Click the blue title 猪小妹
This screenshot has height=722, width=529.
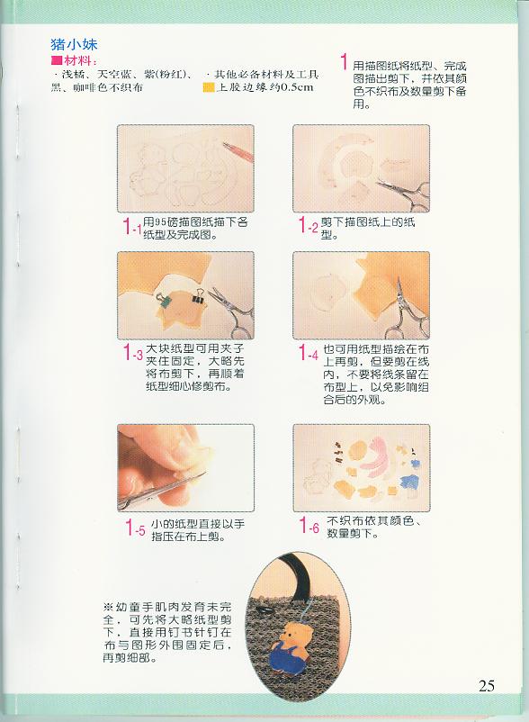[x=74, y=45]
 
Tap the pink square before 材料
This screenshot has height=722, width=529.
[x=57, y=61]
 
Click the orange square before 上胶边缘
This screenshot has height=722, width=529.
[x=209, y=87]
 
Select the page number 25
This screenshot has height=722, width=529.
[x=487, y=686]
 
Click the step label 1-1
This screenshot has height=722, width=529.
[x=132, y=227]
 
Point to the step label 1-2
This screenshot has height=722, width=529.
[x=308, y=226]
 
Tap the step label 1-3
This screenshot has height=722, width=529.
[x=133, y=354]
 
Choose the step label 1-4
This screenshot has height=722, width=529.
[x=309, y=354]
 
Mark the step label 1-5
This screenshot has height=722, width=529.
[x=136, y=528]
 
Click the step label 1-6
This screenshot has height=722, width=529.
[x=309, y=526]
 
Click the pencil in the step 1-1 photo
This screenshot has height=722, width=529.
[x=238, y=151]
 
